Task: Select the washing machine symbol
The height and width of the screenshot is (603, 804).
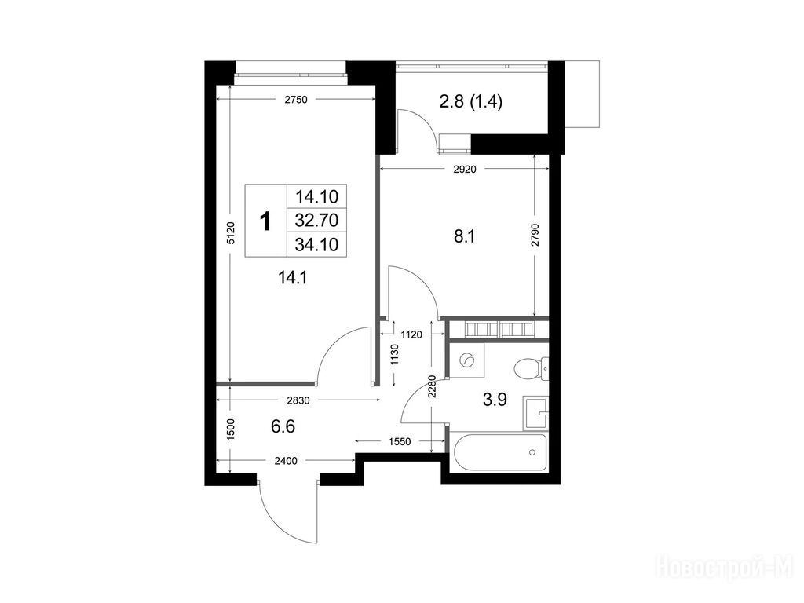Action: [468, 360]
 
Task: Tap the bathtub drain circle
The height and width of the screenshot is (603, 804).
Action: [532, 452]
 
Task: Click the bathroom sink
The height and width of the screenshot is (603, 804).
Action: [535, 413]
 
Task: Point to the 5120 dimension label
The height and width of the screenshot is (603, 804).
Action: [231, 232]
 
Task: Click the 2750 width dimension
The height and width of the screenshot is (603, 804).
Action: [296, 100]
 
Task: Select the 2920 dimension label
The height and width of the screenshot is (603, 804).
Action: [465, 170]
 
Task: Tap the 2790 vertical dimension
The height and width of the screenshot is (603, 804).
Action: [535, 235]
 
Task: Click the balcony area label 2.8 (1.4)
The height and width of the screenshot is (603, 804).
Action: [471, 102]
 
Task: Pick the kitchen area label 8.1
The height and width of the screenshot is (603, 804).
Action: [465, 237]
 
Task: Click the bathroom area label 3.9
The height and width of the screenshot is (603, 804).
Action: [495, 399]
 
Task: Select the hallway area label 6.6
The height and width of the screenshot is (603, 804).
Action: [283, 426]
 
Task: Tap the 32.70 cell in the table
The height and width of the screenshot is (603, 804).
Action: [316, 221]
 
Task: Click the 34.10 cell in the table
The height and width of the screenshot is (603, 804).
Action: [316, 245]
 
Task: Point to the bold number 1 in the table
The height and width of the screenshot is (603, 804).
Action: [265, 222]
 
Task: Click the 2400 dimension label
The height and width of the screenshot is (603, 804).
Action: [286, 461]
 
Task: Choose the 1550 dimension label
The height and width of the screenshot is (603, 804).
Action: [400, 441]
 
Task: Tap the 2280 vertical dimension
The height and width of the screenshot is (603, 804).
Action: [432, 387]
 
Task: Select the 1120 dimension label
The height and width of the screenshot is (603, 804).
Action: [411, 334]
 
